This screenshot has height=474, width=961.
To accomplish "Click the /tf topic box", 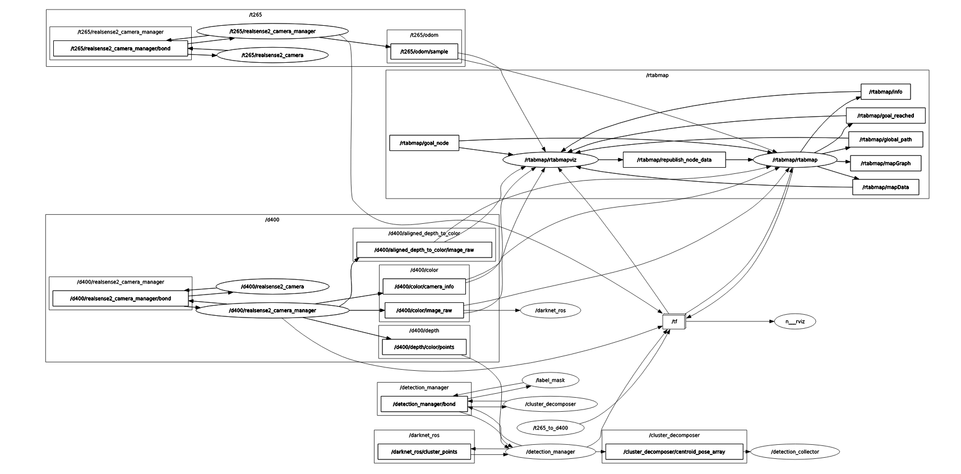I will (x=674, y=322).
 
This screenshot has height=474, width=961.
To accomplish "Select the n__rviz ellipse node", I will (x=794, y=321).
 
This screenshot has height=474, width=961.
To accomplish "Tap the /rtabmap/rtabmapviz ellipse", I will (x=550, y=160).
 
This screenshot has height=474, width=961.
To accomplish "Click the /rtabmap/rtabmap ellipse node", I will (x=794, y=160).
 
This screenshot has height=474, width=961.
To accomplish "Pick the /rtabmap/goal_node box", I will (x=424, y=143).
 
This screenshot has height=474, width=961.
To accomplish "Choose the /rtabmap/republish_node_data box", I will (x=674, y=160).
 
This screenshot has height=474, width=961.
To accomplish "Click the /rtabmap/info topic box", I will (x=885, y=91).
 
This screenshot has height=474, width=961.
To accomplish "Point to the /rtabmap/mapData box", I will (x=885, y=187).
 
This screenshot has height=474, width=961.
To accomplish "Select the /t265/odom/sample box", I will (x=424, y=52).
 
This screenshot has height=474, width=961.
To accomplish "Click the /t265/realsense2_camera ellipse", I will (x=272, y=55).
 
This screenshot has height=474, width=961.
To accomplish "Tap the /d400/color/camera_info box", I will (x=424, y=287).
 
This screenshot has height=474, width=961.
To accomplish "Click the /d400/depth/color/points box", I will (x=424, y=347).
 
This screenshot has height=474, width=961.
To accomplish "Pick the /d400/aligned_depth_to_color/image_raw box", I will (x=424, y=250).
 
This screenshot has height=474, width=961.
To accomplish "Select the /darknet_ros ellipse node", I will (x=550, y=310).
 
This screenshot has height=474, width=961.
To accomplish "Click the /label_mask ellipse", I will (x=550, y=380).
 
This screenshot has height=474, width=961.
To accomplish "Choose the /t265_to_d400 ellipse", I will (x=550, y=428).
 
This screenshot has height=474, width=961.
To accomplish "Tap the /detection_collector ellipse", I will (x=794, y=452).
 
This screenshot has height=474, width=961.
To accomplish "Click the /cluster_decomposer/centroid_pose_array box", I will (x=674, y=452).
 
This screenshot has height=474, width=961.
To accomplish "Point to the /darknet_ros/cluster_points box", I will (x=424, y=452).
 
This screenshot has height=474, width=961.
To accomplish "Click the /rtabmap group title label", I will (x=657, y=75).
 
